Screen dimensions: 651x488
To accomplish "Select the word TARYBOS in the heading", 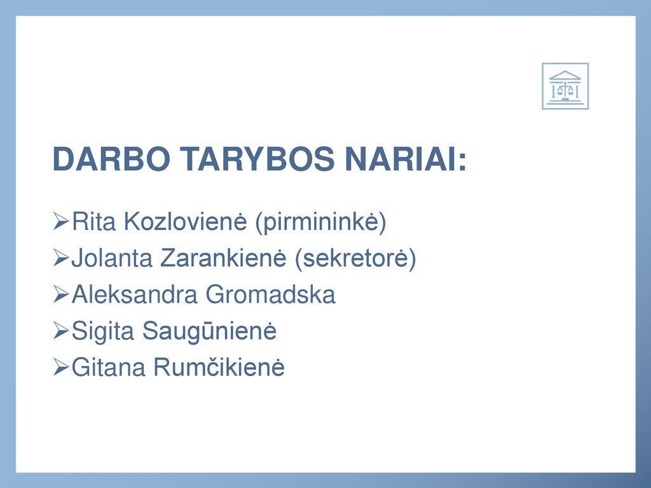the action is [257, 158].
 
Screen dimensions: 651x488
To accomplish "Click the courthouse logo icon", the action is [565, 86].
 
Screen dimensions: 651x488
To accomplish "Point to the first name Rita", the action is [93, 221].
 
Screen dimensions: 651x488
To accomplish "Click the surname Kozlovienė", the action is [185, 221].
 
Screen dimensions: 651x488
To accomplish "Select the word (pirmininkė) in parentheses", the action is [320, 222].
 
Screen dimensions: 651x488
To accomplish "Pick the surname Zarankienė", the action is [223, 258].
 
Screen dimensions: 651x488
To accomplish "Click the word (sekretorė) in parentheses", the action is [355, 259].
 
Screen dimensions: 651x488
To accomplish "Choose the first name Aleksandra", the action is [134, 294].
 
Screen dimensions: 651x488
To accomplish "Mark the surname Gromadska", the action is [270, 294].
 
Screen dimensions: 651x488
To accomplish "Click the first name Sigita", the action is [103, 332].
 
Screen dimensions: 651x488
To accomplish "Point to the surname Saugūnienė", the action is [209, 332].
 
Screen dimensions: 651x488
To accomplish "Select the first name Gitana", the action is [108, 367].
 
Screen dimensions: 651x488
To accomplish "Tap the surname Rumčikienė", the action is [219, 367].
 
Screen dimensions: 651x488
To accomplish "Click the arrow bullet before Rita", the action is [61, 221].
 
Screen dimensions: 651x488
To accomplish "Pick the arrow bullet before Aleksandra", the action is [61, 294].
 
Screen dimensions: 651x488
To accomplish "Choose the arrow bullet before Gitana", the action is [61, 367].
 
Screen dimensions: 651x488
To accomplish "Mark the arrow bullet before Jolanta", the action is [61, 258].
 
